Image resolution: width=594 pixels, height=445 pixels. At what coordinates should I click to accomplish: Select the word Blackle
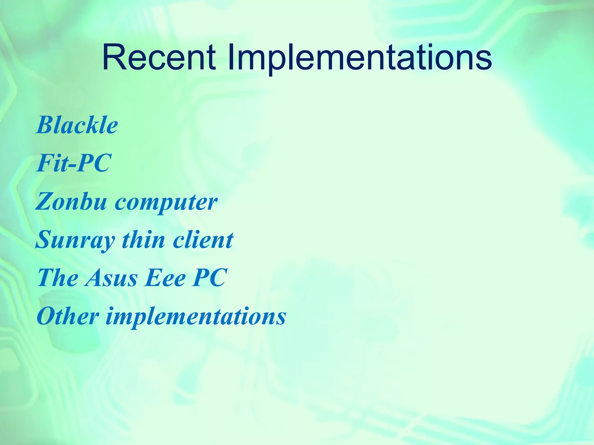click(x=77, y=125)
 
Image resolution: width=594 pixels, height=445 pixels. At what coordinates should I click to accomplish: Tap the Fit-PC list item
click(x=74, y=163)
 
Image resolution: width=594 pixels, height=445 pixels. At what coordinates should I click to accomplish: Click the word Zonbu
click(x=71, y=202)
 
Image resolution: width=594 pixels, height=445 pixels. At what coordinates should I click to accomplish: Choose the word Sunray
click(x=75, y=240)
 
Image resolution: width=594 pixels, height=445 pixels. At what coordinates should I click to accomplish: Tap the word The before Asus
click(x=58, y=278)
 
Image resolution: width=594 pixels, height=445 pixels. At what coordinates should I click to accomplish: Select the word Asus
click(x=111, y=278)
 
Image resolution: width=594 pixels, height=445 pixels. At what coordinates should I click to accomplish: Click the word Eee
click(x=165, y=278)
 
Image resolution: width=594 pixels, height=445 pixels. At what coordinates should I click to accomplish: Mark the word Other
click(x=68, y=316)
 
